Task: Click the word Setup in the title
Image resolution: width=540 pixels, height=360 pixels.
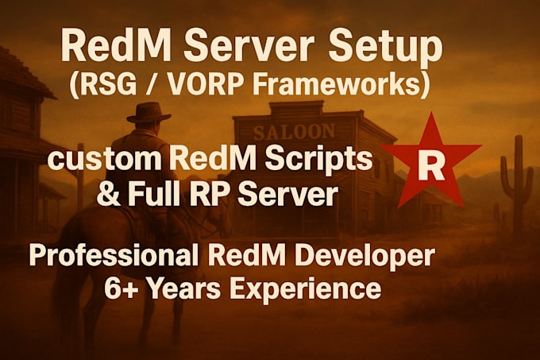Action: click(385, 49)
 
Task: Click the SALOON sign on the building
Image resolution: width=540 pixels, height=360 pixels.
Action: click(294, 132)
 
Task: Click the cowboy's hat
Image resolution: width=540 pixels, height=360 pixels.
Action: click(148, 113)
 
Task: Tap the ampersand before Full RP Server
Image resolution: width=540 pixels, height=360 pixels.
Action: click(108, 195)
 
